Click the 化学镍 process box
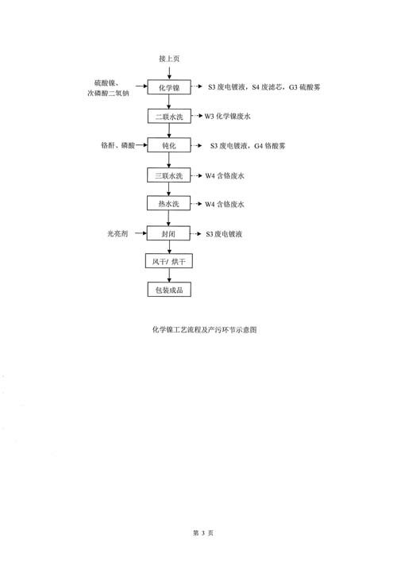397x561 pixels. coord(169,87)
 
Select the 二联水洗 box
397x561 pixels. coord(169,117)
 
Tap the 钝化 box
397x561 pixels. coord(169,145)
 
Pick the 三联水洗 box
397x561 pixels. coord(168,175)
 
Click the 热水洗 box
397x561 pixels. coord(168,204)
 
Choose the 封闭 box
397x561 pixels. coord(168,233)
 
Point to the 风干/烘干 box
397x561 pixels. coord(169,261)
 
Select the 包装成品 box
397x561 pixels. coord(169,290)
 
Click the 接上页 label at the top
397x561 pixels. coord(169,59)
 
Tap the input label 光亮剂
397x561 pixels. coord(118,233)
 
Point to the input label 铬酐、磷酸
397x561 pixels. coord(118,145)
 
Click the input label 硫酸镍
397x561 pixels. coord(106,83)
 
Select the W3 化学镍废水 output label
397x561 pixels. coord(228,117)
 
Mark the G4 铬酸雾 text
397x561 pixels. coord(270,146)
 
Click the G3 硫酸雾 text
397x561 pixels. coord(305,87)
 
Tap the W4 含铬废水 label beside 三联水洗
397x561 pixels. coord(225,175)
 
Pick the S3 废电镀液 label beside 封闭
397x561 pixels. coord(224,234)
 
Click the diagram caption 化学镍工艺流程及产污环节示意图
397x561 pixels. coord(205,329)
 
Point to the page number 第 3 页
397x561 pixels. coord(203,532)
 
